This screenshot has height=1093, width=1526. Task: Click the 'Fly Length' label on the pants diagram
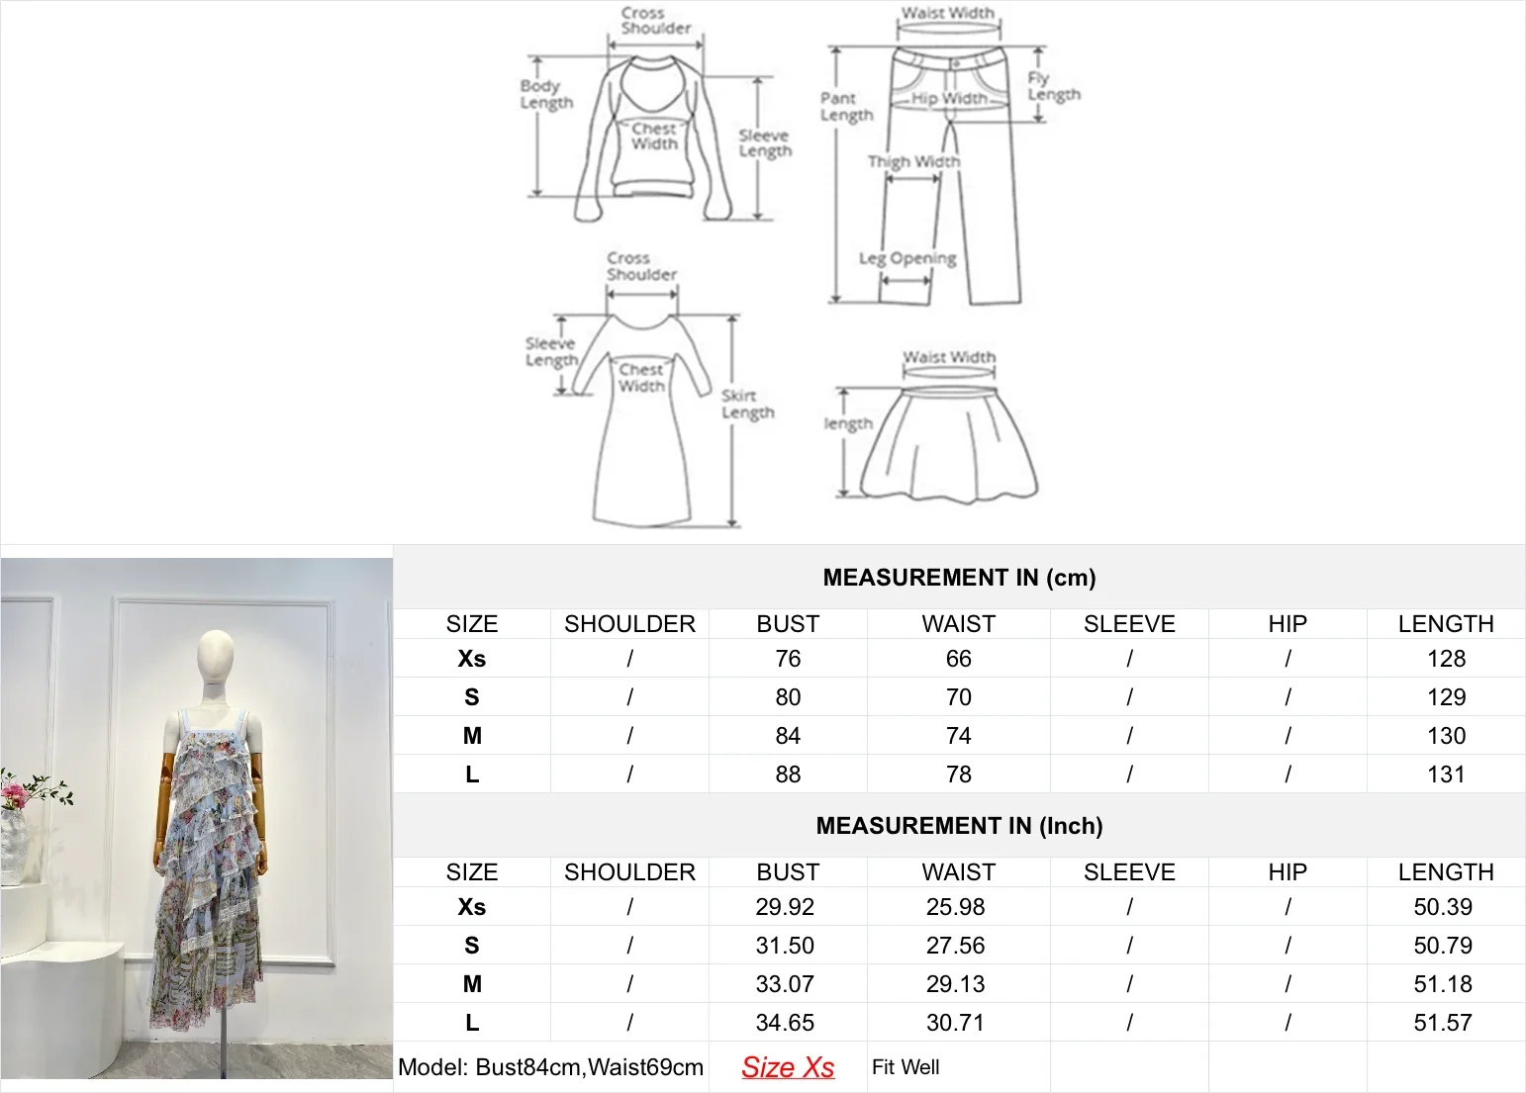[1053, 86]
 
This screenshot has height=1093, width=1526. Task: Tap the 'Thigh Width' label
[913, 161]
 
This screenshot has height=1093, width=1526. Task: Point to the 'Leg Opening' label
[906, 258]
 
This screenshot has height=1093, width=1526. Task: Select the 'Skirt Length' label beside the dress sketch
[747, 404]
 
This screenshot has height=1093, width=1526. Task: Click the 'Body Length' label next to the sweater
[546, 94]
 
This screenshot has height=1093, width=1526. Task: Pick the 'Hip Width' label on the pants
[948, 98]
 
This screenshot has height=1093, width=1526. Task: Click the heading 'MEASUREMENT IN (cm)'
[959, 578]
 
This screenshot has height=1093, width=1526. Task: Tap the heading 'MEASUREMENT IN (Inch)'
[959, 826]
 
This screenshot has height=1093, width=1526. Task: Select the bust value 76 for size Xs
[788, 659]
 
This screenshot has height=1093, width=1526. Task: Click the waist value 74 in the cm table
[958, 736]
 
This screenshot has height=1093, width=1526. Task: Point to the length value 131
[1445, 774]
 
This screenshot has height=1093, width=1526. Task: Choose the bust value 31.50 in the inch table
[785, 946]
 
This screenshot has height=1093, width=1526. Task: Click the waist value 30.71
[955, 1023]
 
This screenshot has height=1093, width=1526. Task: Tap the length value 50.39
[1443, 907]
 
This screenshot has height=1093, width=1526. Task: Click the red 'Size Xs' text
[788, 1067]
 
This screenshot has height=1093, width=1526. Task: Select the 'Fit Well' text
[906, 1067]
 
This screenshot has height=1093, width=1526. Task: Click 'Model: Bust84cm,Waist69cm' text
[550, 1067]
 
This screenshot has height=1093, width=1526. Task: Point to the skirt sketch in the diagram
[948, 445]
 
